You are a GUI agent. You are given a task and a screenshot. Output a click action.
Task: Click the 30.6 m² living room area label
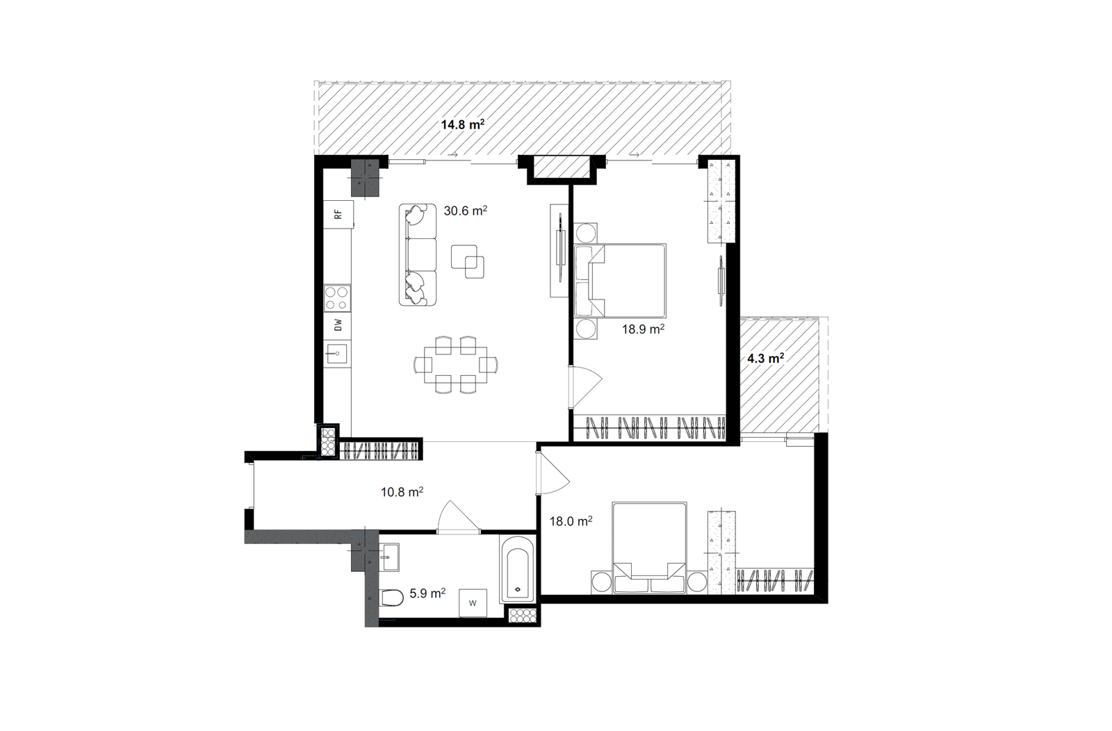465,211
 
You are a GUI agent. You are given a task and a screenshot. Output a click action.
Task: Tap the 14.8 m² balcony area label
463,124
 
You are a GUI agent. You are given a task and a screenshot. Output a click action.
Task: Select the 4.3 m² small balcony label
765,359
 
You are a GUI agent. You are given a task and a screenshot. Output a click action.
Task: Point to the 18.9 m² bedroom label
644,329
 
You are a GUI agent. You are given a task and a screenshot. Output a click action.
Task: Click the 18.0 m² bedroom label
571,521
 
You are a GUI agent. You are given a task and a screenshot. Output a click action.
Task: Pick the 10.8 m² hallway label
402,492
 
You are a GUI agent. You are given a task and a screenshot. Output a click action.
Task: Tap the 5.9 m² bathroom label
427,593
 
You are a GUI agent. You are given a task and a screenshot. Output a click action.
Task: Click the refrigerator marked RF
338,215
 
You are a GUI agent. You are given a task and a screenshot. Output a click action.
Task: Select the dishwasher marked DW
338,326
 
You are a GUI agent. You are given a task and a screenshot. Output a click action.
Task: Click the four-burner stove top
337,298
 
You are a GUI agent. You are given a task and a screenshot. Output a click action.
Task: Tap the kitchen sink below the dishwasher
337,354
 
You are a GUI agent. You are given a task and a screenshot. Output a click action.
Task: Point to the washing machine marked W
473,603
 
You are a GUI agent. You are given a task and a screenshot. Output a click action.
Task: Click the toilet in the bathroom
391,598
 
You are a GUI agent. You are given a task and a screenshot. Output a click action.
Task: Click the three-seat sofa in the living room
418,254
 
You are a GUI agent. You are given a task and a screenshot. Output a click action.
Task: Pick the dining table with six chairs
456,365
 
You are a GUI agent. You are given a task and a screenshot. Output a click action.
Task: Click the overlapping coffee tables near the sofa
468,261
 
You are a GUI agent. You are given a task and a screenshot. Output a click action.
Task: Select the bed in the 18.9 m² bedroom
620,281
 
